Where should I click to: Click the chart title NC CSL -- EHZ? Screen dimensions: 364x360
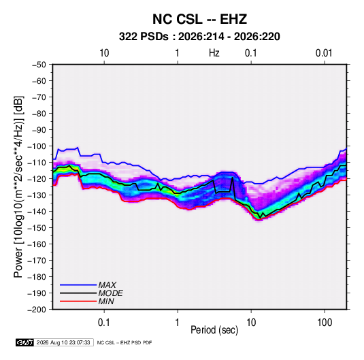pyautogui.click(x=199, y=19)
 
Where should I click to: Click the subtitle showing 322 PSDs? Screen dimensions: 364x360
pyautogui.click(x=199, y=37)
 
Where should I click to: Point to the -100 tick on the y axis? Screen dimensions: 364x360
pyautogui.click(x=37, y=146)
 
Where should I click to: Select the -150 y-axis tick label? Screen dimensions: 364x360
pyautogui.click(x=37, y=228)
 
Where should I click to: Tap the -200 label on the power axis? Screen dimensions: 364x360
pyautogui.click(x=37, y=310)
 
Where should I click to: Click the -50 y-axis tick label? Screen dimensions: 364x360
pyautogui.click(x=39, y=65)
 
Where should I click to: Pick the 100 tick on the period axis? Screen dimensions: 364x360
pyautogui.click(x=325, y=323)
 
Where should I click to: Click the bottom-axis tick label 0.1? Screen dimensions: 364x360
pyautogui.click(x=104, y=323)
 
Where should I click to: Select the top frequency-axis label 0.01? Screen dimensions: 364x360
pyautogui.click(x=324, y=53)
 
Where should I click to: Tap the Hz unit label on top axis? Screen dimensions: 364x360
pyautogui.click(x=214, y=53)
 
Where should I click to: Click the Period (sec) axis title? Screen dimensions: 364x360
pyautogui.click(x=214, y=330)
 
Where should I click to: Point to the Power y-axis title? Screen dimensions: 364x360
pyautogui.click(x=18, y=187)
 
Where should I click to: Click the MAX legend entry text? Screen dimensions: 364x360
pyautogui.click(x=107, y=285)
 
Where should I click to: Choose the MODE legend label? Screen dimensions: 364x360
pyautogui.click(x=110, y=293)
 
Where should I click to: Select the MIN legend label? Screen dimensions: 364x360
pyautogui.click(x=106, y=301)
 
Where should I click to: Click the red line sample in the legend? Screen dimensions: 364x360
pyautogui.click(x=78, y=301)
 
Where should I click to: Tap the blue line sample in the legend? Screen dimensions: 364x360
pyautogui.click(x=78, y=285)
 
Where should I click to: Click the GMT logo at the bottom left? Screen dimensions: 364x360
pyautogui.click(x=24, y=342)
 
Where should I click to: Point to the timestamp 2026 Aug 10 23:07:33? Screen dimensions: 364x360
pyautogui.click(x=63, y=342)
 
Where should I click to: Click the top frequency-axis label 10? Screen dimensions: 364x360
pyautogui.click(x=104, y=53)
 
